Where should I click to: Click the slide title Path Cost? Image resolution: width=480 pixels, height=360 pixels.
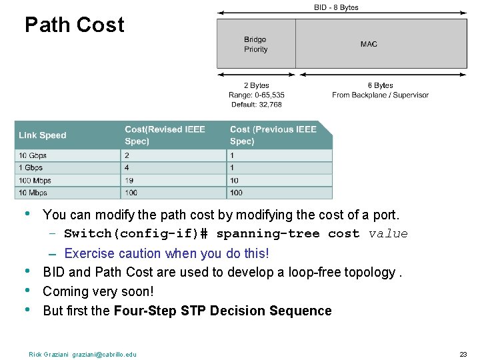[x=74, y=25]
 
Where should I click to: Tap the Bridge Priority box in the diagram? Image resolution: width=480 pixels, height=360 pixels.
[x=256, y=44]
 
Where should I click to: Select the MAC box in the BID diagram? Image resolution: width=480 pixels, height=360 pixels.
[x=369, y=44]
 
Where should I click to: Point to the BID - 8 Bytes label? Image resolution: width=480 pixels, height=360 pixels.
[x=336, y=7]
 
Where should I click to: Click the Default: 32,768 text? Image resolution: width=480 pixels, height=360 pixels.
[x=256, y=105]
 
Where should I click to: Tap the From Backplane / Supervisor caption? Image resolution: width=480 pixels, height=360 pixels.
[x=380, y=95]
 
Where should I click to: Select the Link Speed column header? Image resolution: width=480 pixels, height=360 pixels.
[x=43, y=135]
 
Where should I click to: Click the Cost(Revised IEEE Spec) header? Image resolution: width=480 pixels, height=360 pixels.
[x=165, y=135]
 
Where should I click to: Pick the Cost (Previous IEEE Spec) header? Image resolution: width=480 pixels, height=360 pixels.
[x=273, y=135]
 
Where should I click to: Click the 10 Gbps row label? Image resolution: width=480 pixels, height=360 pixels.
[x=33, y=155]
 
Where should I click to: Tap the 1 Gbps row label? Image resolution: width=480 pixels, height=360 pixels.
[x=31, y=168]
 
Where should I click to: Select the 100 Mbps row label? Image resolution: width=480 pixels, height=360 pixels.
[x=35, y=181]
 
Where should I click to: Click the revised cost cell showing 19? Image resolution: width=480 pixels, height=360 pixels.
[x=129, y=181]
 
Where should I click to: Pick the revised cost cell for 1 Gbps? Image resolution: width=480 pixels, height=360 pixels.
[x=127, y=168]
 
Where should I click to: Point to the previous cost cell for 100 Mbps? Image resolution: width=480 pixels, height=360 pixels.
[x=234, y=181]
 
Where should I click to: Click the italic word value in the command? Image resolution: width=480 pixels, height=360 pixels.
[x=388, y=233]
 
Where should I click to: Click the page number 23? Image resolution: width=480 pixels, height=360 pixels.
[x=463, y=354]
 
